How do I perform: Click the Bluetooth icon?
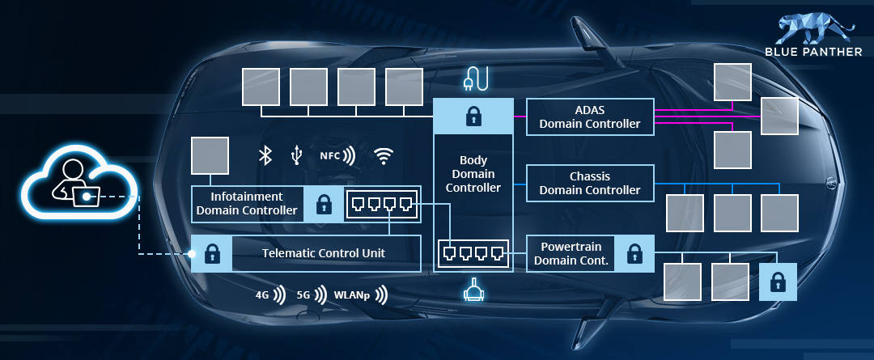pos(265,155)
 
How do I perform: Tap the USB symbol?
pos(296,155)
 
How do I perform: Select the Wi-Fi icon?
pos(383,156)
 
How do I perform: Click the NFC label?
pos(330,156)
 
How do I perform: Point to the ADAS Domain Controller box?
pos(590,117)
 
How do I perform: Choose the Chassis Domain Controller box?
pos(590,184)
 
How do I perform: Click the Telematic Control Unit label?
pos(323,253)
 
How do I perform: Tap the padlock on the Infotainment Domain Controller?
pos(323,205)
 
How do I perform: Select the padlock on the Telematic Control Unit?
pos(211,253)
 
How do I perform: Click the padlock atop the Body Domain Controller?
pos(473,116)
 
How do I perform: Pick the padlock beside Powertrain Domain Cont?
pos(635,253)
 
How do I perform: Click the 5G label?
pos(303,295)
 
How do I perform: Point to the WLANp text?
pos(352,295)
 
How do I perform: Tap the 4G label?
pos(262,295)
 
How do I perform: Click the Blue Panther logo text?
pos(814,52)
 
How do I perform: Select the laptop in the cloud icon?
pos(87,196)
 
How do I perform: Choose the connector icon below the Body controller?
pos(473,290)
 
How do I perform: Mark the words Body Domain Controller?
pos(473,175)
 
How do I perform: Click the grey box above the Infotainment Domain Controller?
pos(210,155)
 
